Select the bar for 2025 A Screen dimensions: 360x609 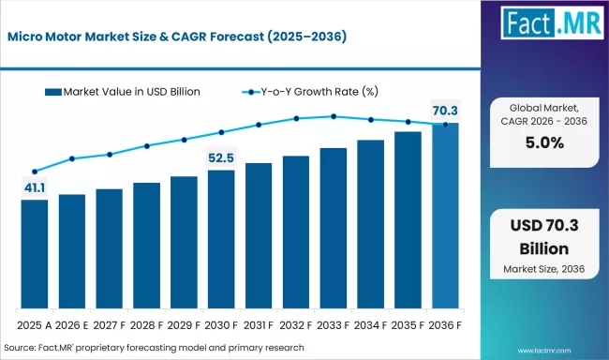click(x=34, y=254)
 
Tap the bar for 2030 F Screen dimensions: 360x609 click(x=221, y=239)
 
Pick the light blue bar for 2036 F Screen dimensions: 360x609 click(x=445, y=216)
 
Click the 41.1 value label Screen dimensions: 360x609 click(x=34, y=187)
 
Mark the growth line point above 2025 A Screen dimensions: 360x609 click(x=35, y=172)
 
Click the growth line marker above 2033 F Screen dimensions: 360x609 click(x=334, y=116)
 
